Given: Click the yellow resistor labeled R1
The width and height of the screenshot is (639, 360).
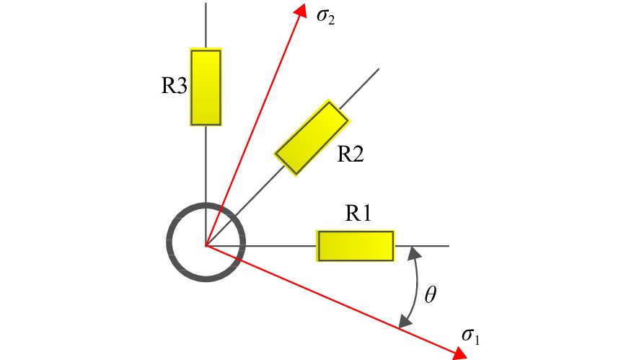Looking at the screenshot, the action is [356, 246].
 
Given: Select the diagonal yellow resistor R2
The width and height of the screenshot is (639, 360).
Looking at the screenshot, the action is [312, 138].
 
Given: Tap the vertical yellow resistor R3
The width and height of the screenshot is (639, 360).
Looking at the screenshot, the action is [206, 87].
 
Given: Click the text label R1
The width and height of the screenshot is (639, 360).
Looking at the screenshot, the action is [358, 213].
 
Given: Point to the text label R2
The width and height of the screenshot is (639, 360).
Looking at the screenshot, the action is [351, 154].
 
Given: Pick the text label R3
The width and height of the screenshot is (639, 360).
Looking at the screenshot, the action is [175, 86].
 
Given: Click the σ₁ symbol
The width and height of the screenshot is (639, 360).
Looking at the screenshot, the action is [470, 336].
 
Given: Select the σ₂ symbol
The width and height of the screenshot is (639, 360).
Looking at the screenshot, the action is [325, 17].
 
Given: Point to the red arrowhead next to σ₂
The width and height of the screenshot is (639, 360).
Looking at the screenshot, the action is [301, 10].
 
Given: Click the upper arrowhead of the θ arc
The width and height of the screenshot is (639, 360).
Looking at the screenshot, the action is [415, 253].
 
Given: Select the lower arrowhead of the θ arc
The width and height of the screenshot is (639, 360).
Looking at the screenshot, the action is [405, 321].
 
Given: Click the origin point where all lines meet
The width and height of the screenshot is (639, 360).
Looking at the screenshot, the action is [206, 246].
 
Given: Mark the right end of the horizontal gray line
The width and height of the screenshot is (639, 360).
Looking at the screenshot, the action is [449, 246].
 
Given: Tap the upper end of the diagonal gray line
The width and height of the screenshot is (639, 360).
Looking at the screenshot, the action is [379, 69].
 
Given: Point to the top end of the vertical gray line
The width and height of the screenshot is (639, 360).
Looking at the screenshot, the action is [206, 4].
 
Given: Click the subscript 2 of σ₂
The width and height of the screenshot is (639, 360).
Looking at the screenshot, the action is [331, 21].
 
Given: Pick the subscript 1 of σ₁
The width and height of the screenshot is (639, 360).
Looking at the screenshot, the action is [477, 340].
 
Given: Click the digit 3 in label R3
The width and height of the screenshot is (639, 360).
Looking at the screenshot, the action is [182, 87].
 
